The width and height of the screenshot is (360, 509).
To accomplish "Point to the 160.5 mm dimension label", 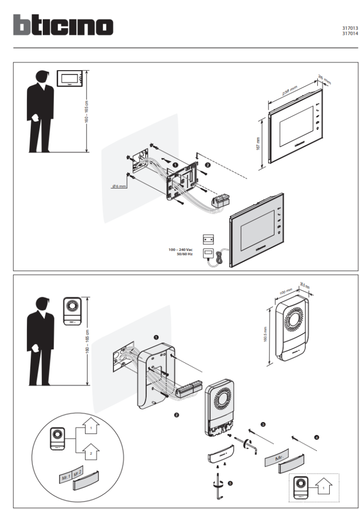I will coord(266,334).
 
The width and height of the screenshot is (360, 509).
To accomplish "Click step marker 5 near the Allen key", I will coord(230,482).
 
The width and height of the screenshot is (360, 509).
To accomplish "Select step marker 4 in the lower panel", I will coord(317,437).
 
